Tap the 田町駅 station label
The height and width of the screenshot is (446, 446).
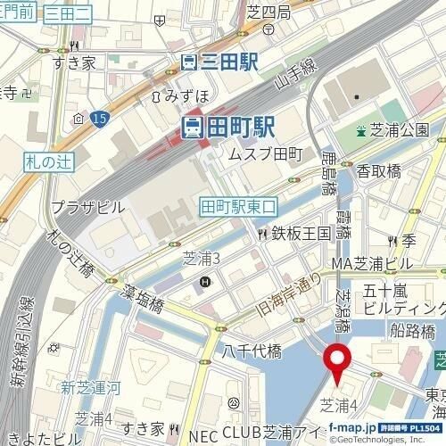[x=228, y=128]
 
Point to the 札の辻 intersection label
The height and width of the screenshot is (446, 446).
[x=41, y=162]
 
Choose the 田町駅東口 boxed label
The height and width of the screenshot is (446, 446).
[x=240, y=205]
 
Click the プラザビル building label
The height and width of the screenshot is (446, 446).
[x=87, y=206]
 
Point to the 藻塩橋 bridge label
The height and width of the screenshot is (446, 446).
[x=144, y=305]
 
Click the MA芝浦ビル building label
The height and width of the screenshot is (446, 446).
[x=372, y=264]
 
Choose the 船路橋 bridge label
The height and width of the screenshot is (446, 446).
[x=414, y=332]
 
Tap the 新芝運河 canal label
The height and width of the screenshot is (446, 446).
[x=88, y=387]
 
